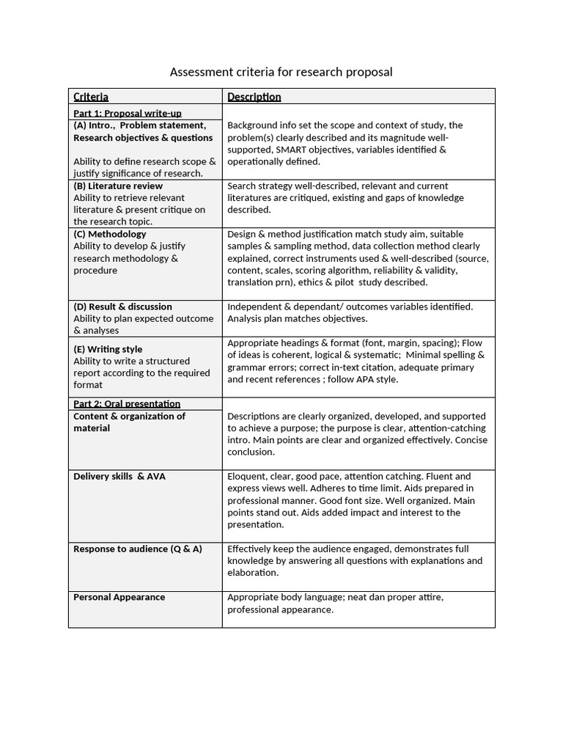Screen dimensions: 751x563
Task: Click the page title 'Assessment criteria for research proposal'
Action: (x=281, y=72)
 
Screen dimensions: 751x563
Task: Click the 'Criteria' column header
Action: (x=91, y=97)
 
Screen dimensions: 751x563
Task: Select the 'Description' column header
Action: (x=254, y=97)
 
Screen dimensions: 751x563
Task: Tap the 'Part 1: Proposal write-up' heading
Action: (x=128, y=113)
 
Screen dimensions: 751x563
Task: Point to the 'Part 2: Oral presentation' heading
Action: (x=127, y=403)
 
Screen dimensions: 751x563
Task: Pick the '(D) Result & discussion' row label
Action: (x=122, y=307)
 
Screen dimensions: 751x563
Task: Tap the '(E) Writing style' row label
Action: (x=108, y=349)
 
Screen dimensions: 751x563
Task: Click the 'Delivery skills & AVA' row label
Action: (x=119, y=477)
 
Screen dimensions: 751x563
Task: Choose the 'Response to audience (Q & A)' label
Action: (x=138, y=549)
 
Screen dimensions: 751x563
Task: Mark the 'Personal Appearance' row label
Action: (x=119, y=597)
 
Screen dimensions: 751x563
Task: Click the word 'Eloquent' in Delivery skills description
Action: (x=246, y=477)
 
